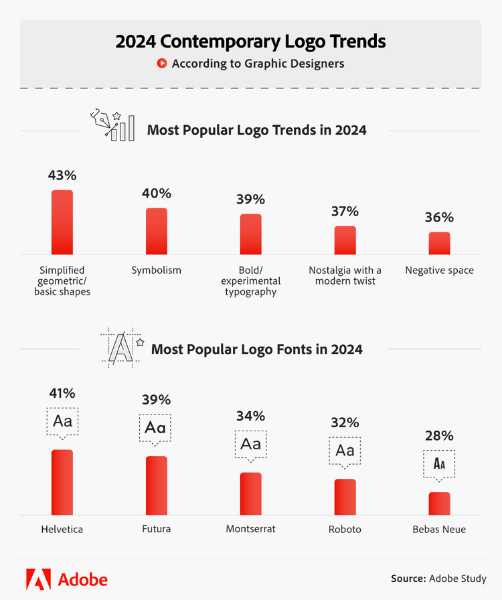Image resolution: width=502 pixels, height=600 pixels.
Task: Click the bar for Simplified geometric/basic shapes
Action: pyautogui.click(x=62, y=222)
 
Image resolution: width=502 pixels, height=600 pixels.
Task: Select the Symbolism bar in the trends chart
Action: pyautogui.click(x=157, y=231)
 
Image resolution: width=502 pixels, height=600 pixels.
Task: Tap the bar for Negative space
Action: pyautogui.click(x=439, y=243)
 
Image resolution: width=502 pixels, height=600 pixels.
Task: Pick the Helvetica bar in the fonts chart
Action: pyautogui.click(x=62, y=481)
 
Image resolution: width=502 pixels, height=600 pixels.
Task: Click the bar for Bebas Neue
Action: pyautogui.click(x=439, y=503)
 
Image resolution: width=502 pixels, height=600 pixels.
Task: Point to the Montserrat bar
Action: pyautogui.click(x=251, y=493)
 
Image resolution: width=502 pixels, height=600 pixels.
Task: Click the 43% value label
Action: pyautogui.click(x=62, y=175)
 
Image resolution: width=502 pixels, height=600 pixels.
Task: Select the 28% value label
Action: pyautogui.click(x=439, y=436)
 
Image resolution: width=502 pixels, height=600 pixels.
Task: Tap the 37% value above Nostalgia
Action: pyautogui.click(x=345, y=212)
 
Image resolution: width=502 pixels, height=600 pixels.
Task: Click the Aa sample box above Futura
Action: pyautogui.click(x=156, y=427)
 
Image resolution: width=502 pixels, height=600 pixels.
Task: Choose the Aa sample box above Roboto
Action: pyautogui.click(x=345, y=450)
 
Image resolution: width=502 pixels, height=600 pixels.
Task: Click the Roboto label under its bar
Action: pyautogui.click(x=345, y=529)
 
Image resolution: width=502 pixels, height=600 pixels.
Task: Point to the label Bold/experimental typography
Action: pyautogui.click(x=251, y=281)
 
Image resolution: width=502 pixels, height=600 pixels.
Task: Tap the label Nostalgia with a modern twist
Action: pyautogui.click(x=345, y=275)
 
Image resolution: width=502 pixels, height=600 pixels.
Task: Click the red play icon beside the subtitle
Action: pyautogui.click(x=161, y=64)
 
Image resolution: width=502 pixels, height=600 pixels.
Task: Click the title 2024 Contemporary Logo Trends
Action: pyautogui.click(x=250, y=41)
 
